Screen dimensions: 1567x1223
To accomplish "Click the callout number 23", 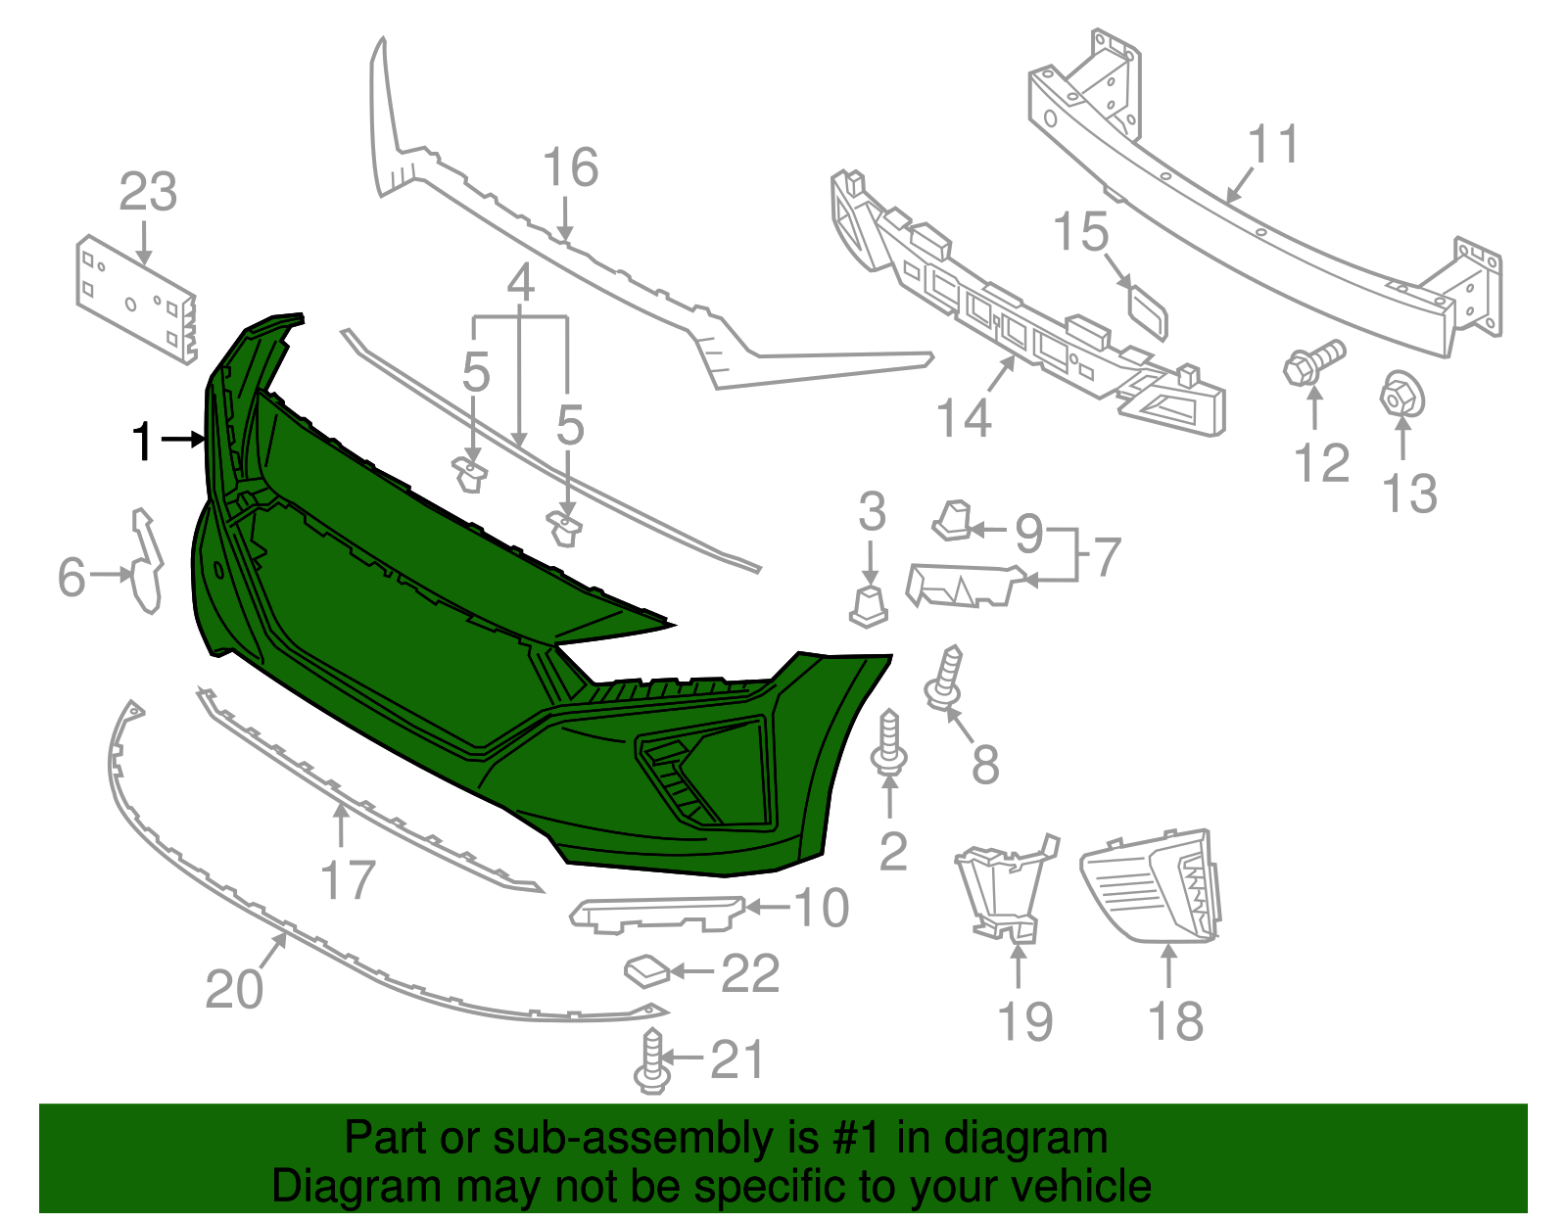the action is click(x=148, y=193).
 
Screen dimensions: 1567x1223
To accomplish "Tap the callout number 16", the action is click(x=570, y=167).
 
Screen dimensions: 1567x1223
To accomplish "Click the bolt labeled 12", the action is click(x=1314, y=361).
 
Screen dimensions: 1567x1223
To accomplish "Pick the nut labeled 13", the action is click(x=1402, y=395).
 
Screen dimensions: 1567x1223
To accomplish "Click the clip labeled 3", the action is click(x=869, y=607).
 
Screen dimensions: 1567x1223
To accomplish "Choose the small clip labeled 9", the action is click(x=953, y=521).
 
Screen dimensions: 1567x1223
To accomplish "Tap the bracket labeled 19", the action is click(x=1006, y=890).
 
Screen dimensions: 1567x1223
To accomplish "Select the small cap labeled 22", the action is click(x=647, y=971).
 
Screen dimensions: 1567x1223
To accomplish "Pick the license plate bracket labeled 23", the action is click(x=136, y=299).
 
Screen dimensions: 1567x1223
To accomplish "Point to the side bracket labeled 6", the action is click(x=146, y=561).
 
